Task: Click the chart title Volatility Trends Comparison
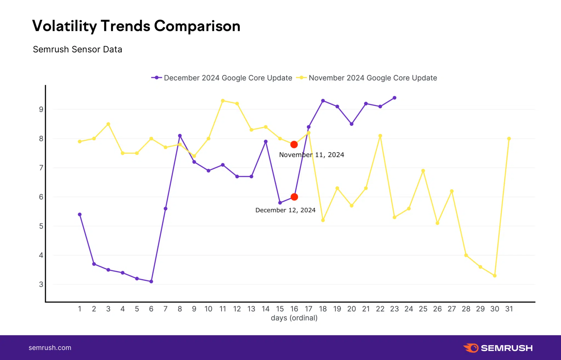coord(136,26)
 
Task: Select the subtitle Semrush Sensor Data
coord(78,49)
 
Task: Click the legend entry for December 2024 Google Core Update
coord(222,78)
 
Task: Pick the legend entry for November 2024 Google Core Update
coord(367,78)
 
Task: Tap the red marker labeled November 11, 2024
coord(294,144)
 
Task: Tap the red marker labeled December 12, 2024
coord(294,197)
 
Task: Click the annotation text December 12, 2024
coord(285,210)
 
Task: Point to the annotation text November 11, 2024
coord(311,155)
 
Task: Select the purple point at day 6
coord(151,281)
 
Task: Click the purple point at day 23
coord(394,98)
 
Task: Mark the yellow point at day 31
coord(509,139)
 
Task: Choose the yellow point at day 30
coord(495,276)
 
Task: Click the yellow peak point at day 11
coord(223,101)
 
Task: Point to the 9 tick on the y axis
coord(41,109)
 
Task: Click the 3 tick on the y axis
coord(41,284)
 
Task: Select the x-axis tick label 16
coord(294,309)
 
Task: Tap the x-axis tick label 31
coord(509,309)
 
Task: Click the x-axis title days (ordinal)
coord(294,318)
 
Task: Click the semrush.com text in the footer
coord(50,348)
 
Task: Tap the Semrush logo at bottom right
coord(498,348)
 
